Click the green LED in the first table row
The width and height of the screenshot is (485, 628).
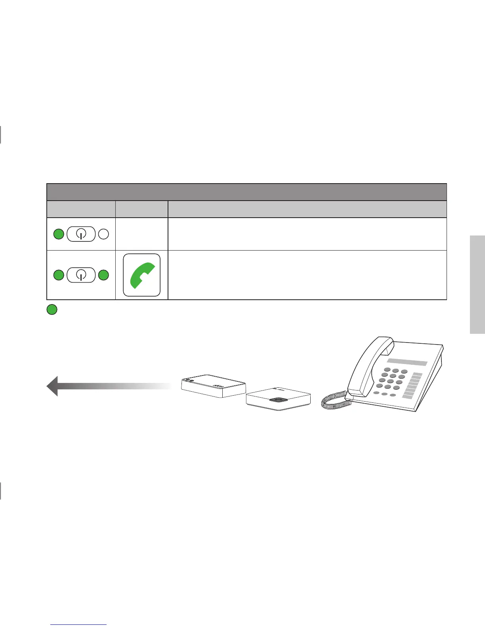(x=59, y=234)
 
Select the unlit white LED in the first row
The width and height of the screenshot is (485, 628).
(x=103, y=234)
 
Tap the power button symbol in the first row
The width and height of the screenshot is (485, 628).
(x=81, y=234)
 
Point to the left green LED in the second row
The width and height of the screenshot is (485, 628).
(x=59, y=275)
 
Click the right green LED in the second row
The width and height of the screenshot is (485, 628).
(x=103, y=275)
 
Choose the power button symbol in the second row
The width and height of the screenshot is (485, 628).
(x=81, y=275)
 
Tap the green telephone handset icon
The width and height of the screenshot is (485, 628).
(x=141, y=275)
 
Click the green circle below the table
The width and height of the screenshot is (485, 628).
(x=52, y=310)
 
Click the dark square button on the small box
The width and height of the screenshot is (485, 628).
(x=279, y=399)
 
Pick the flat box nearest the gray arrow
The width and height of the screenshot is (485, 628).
(x=213, y=385)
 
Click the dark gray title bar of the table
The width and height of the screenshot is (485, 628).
(x=246, y=192)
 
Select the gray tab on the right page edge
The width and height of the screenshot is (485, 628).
(x=477, y=285)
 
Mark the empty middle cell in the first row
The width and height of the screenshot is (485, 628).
(x=141, y=234)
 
